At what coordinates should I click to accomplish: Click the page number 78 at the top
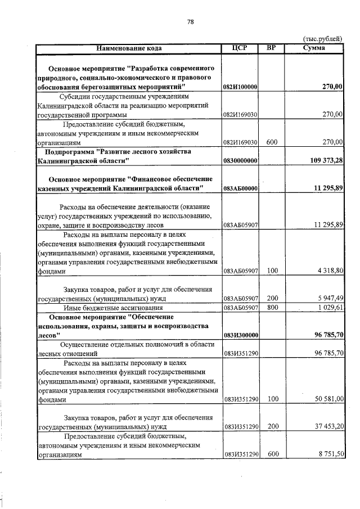point(190,22)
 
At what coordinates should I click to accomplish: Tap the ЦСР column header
point(240,48)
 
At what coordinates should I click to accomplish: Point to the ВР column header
point(272,48)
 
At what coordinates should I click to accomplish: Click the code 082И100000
point(240,87)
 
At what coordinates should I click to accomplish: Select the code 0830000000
point(240,161)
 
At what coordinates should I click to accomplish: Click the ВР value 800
point(272,308)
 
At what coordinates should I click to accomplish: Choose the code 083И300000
point(240,335)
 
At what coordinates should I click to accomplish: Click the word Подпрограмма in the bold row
point(70,152)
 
